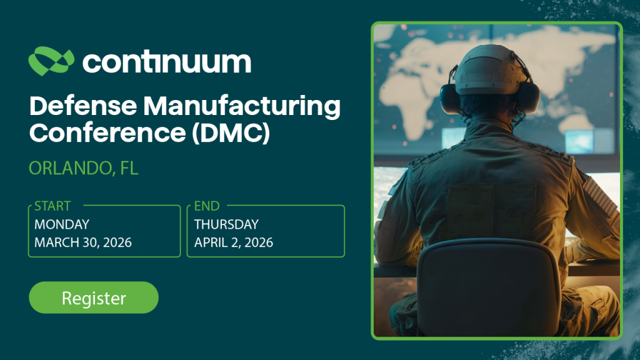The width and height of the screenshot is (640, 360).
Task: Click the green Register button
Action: pyautogui.click(x=94, y=297)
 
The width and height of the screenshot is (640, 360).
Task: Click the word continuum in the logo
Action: pyautogui.click(x=166, y=61)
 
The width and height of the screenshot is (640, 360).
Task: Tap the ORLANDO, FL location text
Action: pyautogui.click(x=84, y=167)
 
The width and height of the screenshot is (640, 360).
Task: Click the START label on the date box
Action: pyautogui.click(x=52, y=206)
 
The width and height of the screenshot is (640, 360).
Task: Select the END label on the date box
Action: pyautogui.click(x=207, y=206)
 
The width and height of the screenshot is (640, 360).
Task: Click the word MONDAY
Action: pyautogui.click(x=62, y=224)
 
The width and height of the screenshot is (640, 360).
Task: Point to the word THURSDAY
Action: pyautogui.click(x=226, y=224)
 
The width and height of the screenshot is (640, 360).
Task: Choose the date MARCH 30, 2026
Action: pyautogui.click(x=83, y=242)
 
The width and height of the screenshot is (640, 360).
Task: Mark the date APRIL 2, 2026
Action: pyautogui.click(x=234, y=242)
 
